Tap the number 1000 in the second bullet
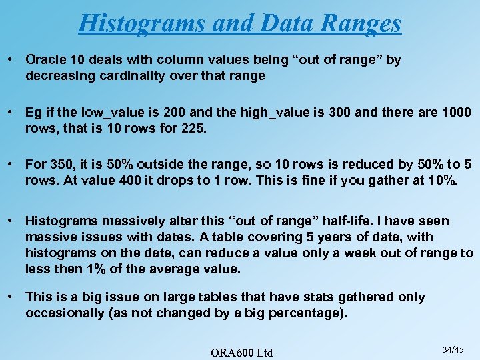(456, 111)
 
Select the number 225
(195, 127)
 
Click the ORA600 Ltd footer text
(242, 351)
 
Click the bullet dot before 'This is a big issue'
(11, 297)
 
